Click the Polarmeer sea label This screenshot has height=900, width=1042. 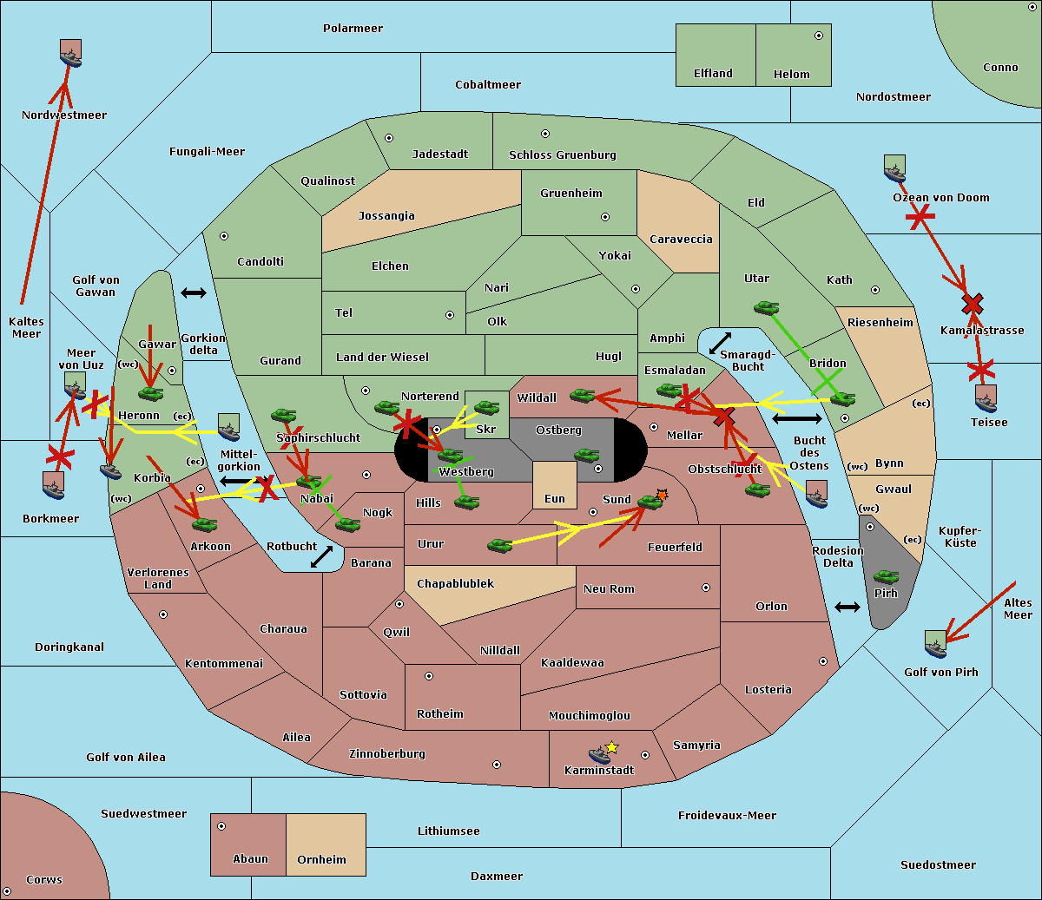point(353,29)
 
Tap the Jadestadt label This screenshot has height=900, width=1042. point(439,154)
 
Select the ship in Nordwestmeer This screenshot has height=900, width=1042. point(70,54)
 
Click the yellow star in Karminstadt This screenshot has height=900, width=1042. point(611,746)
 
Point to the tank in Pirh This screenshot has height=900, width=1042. point(886,577)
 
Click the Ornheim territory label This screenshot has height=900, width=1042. point(321,859)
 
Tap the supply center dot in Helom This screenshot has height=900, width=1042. point(818,36)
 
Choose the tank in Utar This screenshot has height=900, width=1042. point(766,307)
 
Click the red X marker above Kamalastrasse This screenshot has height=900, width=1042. point(972,304)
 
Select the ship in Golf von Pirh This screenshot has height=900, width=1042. point(935,644)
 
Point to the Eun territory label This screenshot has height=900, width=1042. point(555,499)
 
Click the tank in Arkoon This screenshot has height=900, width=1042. point(204,524)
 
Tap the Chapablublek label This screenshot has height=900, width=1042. point(455,583)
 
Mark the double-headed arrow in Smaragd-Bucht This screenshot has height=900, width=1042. point(720,343)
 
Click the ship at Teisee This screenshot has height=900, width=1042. point(986,398)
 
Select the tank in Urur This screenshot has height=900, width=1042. point(499,545)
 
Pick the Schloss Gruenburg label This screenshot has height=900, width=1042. point(562,155)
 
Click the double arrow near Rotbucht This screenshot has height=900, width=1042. point(321,557)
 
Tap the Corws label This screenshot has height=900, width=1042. point(43,879)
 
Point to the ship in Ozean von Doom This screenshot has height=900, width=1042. point(894,168)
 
